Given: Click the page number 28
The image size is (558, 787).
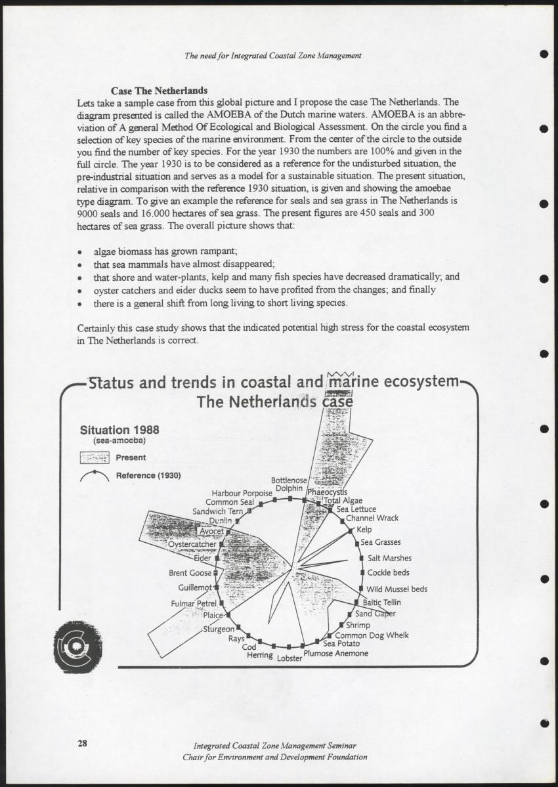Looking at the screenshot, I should click(x=82, y=743).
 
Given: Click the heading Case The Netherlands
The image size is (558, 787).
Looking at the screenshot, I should click(x=159, y=91).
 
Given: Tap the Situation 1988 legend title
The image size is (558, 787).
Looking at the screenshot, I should click(x=119, y=431).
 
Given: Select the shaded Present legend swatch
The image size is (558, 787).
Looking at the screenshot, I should click(x=95, y=457).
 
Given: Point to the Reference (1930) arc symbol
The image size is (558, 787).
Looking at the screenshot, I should click(x=95, y=475).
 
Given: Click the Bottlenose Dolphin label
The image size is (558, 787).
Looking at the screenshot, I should click(x=289, y=484).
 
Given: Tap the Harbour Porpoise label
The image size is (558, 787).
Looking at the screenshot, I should click(x=242, y=493).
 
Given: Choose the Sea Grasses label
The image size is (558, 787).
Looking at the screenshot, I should click(x=380, y=542).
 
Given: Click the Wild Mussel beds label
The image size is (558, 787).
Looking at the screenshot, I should click(x=397, y=589).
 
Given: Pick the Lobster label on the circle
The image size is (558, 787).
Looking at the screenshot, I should click(x=290, y=657).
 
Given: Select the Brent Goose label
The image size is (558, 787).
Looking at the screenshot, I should click(x=190, y=573).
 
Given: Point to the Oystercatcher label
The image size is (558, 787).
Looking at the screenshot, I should click(x=192, y=544).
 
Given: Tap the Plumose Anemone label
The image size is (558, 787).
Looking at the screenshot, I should click(x=335, y=653).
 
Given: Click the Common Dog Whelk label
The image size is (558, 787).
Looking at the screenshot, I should click(x=372, y=635).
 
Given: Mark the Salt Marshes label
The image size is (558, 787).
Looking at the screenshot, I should click(x=389, y=558).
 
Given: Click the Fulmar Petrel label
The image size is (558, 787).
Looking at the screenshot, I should click(x=194, y=603).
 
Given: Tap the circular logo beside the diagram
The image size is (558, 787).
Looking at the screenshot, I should click(x=78, y=645).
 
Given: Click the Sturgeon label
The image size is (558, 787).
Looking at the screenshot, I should click(x=219, y=629).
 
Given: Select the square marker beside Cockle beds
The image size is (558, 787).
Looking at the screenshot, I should click(x=362, y=573).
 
